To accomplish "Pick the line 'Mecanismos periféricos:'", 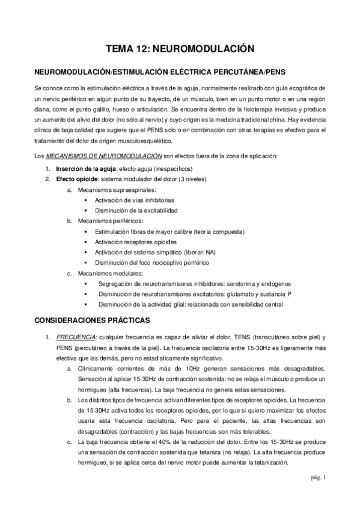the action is pyautogui.click(x=106, y=221).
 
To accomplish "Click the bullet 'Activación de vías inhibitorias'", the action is pyautogui.click(x=135, y=200).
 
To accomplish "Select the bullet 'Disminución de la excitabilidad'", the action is pyautogui.click(x=136, y=210).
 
